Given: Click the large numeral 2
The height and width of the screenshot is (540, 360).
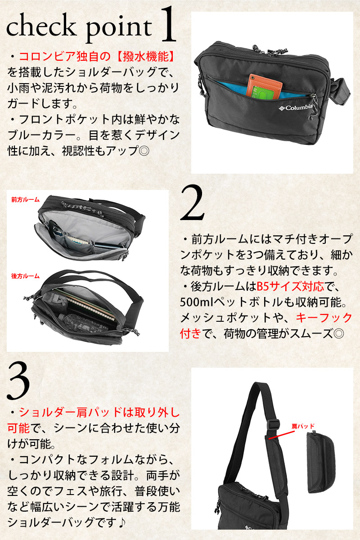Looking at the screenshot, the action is point(192,203).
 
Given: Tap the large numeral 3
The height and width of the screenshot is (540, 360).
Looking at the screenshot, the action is point(18,380).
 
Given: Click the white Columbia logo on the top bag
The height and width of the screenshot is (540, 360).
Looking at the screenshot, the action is point(296,108).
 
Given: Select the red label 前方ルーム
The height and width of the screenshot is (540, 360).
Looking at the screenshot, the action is point(25,200).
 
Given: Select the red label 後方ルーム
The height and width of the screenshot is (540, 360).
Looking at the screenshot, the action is point(25,276).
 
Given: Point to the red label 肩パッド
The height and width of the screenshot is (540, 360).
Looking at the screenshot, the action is point(303,427).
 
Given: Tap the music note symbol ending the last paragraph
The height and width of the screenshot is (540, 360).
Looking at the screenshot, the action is point(122,522).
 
